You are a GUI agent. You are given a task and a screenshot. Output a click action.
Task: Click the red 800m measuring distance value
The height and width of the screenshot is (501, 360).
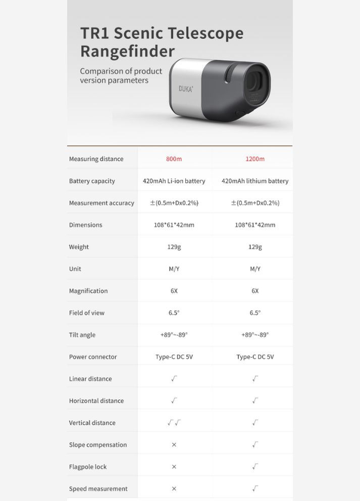[x=174, y=159]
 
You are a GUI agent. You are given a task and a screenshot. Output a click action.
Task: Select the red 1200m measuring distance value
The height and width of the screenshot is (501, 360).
[x=255, y=159]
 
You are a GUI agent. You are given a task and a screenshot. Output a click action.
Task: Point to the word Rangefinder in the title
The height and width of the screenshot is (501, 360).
[x=127, y=52]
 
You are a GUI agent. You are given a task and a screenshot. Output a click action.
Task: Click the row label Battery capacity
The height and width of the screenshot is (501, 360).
[x=92, y=181]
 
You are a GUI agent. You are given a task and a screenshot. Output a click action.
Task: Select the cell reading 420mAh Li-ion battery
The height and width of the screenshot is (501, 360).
[x=174, y=181]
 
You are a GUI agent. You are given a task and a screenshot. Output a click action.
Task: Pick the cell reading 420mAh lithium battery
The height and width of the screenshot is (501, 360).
[x=255, y=181]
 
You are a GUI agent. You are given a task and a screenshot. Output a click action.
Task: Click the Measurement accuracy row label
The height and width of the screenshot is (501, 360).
[x=101, y=203]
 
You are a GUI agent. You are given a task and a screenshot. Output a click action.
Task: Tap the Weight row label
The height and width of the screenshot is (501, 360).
[x=79, y=247]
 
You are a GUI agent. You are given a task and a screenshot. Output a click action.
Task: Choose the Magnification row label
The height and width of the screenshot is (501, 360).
[x=88, y=291]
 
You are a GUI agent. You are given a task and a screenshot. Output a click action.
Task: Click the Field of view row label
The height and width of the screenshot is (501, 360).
[x=87, y=313]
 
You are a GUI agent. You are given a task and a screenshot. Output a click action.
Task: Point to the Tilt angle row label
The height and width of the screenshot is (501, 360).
[x=82, y=335]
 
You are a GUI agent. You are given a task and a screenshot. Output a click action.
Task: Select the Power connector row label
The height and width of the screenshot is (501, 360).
[x=93, y=357]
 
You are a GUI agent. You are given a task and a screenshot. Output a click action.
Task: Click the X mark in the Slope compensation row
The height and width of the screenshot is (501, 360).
[x=174, y=445]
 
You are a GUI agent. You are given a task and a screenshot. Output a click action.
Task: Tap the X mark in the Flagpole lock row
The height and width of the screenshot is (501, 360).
[x=174, y=467]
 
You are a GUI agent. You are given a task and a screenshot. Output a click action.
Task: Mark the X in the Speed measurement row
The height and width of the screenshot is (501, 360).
[x=174, y=489]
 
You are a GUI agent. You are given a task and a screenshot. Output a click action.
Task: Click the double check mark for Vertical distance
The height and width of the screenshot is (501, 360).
[x=174, y=423]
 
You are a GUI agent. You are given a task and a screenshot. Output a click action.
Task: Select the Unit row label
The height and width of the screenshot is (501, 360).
[x=75, y=269]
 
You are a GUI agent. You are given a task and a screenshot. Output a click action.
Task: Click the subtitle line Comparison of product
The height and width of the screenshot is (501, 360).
[x=121, y=71]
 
